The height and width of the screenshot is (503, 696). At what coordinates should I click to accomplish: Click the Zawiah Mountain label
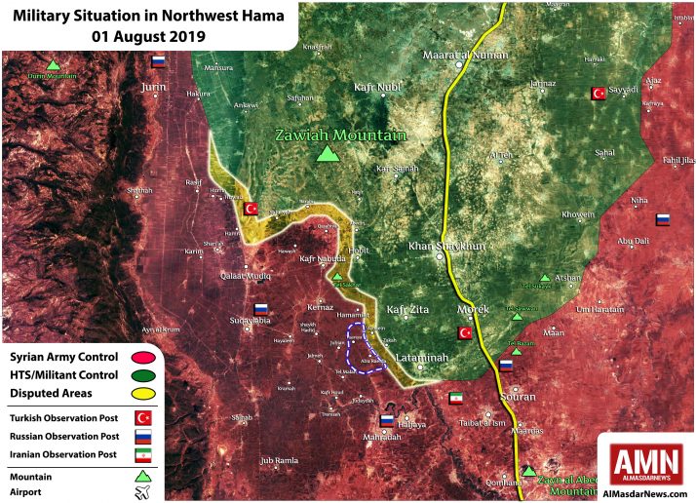(x=339, y=135)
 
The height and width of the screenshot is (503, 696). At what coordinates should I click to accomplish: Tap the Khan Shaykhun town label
(x=445, y=246)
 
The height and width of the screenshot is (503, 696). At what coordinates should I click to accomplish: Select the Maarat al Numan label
(x=465, y=56)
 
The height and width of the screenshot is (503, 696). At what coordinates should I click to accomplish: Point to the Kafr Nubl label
(x=376, y=87)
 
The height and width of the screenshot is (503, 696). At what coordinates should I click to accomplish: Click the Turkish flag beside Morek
(x=465, y=333)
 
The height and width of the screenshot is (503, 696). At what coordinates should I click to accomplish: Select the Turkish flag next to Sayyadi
(x=598, y=94)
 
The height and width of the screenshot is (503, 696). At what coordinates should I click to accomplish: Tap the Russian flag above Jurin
(x=158, y=60)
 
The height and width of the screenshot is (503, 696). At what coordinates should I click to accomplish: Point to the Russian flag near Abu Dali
(x=663, y=219)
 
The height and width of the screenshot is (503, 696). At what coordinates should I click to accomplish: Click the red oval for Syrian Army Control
(x=143, y=358)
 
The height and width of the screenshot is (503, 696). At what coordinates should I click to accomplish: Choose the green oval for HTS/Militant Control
(x=143, y=375)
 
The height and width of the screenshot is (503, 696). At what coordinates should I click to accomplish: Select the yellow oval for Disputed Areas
(x=143, y=393)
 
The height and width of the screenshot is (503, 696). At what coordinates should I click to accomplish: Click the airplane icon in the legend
(x=143, y=492)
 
